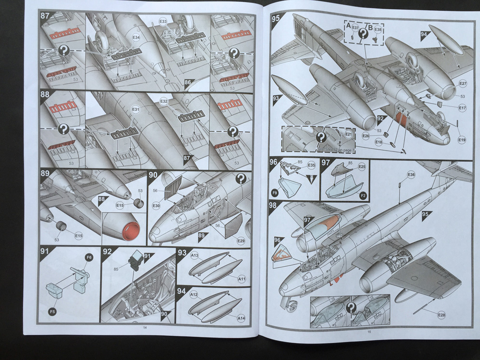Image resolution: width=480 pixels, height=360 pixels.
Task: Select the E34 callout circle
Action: (136, 37)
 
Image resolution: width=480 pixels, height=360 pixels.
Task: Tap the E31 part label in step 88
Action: (136, 111)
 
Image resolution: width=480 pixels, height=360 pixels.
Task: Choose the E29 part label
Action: (241, 240)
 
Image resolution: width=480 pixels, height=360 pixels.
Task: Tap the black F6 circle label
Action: (89, 258)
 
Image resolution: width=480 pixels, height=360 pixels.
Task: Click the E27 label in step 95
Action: (463, 83)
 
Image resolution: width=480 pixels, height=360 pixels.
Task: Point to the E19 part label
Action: (462, 140)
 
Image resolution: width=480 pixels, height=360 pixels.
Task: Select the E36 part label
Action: (411, 174)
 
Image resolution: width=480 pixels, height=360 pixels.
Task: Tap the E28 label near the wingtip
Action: (441, 315)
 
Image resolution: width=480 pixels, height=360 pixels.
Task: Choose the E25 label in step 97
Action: (362, 166)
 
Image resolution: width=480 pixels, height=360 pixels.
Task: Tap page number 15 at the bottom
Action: (369, 331)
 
